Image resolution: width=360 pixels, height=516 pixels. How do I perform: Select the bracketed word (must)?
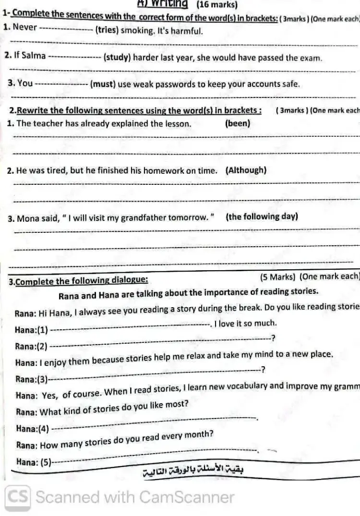[x=102, y=84]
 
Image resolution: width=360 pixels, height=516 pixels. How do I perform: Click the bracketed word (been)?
[x=237, y=123]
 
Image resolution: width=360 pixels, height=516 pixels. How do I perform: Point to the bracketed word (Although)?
[x=245, y=170]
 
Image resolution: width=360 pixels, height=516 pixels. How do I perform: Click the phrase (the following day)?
[x=262, y=216]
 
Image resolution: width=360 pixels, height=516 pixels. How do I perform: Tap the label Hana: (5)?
[x=34, y=461]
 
